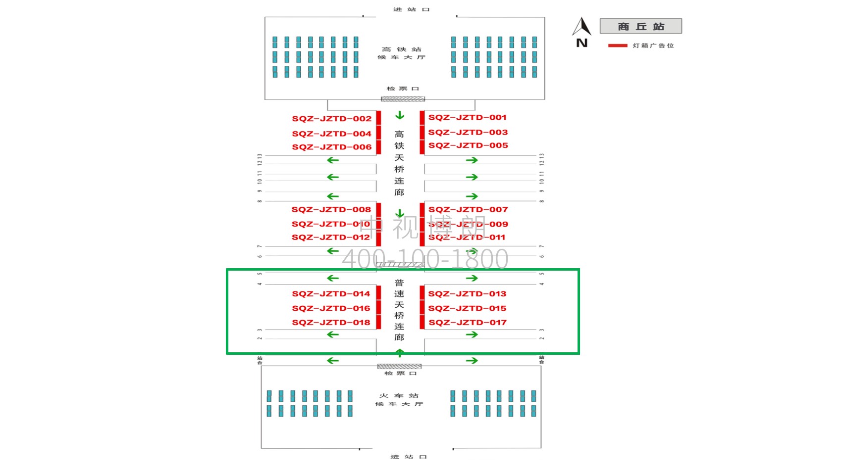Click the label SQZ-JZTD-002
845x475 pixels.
(331, 119)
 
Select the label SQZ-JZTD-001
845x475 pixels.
(467, 117)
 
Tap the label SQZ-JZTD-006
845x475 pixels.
(331, 147)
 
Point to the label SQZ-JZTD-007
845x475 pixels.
(468, 210)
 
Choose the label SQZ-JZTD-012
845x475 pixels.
(330, 237)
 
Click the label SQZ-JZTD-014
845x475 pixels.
(331, 294)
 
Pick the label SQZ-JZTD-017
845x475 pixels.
(467, 323)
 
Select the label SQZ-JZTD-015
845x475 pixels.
(467, 308)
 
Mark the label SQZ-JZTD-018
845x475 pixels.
(331, 323)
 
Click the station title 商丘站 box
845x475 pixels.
(640, 26)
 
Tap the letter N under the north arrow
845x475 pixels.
(582, 43)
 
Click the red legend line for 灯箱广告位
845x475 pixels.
(618, 46)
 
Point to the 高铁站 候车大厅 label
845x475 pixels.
(401, 53)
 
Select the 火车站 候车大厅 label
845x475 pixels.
(399, 400)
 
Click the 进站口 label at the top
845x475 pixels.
(411, 9)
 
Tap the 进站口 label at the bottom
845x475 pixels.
(408, 457)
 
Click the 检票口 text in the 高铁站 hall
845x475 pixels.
(403, 89)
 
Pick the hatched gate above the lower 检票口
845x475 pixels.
(399, 367)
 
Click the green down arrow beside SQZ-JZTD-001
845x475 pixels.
(400, 116)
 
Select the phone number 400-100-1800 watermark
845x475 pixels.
(425, 259)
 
